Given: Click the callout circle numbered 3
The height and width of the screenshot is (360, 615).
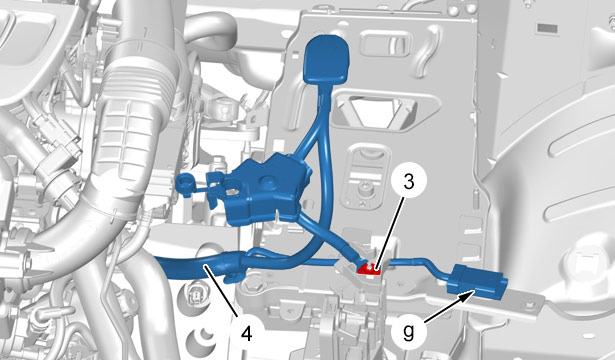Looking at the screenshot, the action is (409, 182).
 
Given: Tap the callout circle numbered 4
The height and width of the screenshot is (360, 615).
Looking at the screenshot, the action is (246, 334).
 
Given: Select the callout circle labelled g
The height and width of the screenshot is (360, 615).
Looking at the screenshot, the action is (409, 333).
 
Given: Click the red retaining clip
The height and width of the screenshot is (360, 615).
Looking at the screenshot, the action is (369, 269).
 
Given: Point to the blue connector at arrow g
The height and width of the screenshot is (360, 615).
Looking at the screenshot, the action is (477, 282).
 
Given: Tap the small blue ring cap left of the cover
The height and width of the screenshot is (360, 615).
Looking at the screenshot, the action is (184, 182).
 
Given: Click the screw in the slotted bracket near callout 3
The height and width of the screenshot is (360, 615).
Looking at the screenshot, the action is (366, 188).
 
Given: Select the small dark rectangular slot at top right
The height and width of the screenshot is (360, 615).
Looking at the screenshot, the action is (547, 28).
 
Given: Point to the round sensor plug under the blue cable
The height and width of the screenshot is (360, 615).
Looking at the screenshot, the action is (195, 295).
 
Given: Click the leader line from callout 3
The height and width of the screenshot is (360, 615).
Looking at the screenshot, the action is (389, 234).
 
